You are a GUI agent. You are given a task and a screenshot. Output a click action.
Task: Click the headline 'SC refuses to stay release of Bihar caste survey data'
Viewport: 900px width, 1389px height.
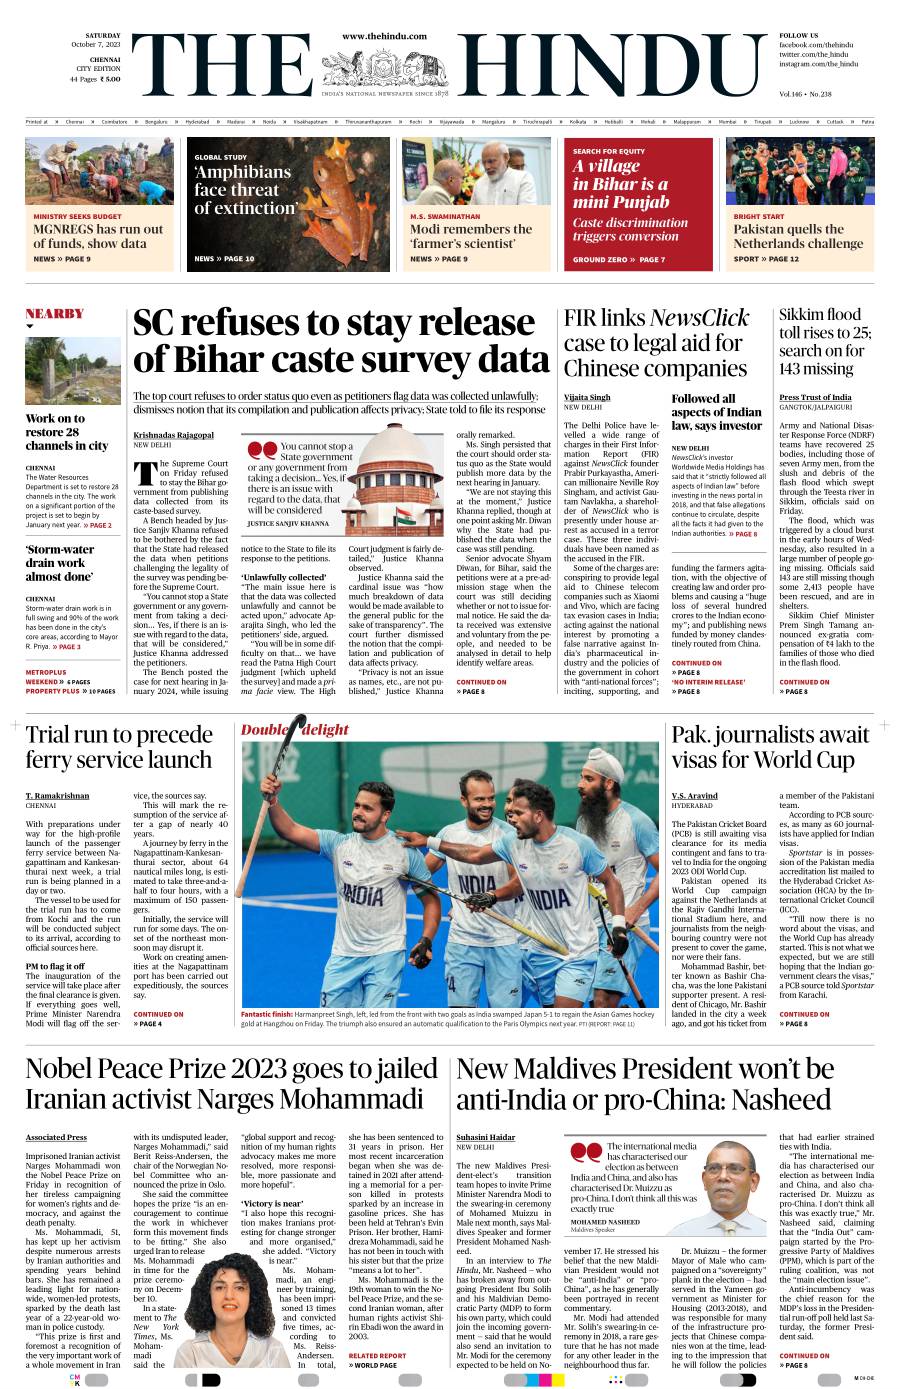coord(340,341)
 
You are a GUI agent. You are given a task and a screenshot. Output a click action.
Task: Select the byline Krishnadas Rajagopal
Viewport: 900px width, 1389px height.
coord(173,435)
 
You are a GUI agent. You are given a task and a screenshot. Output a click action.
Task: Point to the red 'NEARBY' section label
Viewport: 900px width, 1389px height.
coord(55,314)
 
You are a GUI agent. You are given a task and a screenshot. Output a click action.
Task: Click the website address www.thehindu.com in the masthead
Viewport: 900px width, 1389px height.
coord(384,36)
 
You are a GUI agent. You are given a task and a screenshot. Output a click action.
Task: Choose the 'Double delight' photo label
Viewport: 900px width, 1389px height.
coord(295,730)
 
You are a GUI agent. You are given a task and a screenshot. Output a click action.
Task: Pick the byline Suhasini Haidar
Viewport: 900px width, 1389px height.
coord(485,1137)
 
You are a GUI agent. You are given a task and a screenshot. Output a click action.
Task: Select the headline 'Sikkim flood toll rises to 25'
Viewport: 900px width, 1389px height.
coord(826,341)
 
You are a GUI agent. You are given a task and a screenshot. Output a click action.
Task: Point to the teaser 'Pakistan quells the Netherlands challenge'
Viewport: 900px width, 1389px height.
coord(798,236)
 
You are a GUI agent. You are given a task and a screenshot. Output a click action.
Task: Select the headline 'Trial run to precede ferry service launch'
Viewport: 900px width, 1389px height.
coord(119,747)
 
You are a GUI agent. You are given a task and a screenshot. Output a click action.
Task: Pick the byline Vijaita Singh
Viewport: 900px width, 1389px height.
coord(587,398)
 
